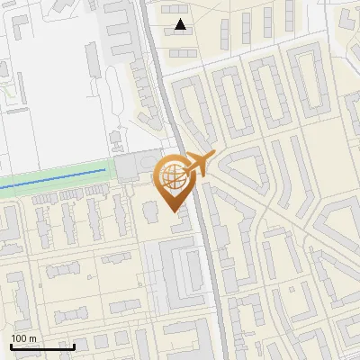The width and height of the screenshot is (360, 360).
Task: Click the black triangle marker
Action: [x=181, y=24]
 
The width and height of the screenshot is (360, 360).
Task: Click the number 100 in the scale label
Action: [x=19, y=338]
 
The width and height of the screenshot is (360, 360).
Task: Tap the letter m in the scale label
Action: [x=32, y=338]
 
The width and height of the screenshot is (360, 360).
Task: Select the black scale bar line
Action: [x=41, y=346]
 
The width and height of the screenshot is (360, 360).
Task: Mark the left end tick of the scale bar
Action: [x=10, y=345]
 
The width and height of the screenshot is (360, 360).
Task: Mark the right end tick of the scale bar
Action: [x=74, y=345]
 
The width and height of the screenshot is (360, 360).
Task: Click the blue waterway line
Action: [x=54, y=175]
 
